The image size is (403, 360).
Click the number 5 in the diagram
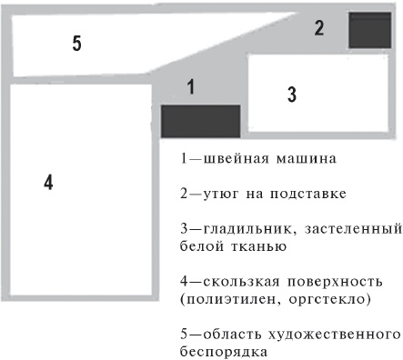point(77,43)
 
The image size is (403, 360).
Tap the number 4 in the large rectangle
point(48,182)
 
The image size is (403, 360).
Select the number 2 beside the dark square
point(318,27)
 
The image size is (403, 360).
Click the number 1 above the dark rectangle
point(191,87)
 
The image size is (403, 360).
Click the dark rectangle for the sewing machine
point(200,121)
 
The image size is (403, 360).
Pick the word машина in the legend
point(286,158)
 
